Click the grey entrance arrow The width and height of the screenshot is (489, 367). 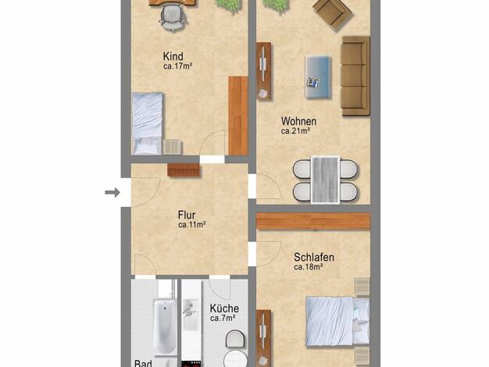(x=112, y=192)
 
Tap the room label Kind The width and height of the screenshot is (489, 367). (x=173, y=56)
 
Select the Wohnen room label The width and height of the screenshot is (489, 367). (x=298, y=121)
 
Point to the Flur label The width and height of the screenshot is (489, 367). (x=187, y=215)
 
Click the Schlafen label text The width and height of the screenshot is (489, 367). (x=314, y=257)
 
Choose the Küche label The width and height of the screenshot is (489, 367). (x=224, y=308)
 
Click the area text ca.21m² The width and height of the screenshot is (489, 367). (x=295, y=131)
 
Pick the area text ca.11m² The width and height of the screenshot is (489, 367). (x=192, y=225)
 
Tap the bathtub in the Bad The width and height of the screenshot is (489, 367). (x=165, y=326)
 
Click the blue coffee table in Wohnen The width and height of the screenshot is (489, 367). (x=318, y=77)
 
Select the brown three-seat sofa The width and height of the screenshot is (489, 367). (x=355, y=77)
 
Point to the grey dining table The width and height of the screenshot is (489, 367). (x=325, y=180)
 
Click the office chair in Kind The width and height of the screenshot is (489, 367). (x=173, y=19)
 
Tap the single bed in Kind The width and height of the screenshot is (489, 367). (x=147, y=123)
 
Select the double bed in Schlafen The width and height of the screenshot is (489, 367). (x=337, y=322)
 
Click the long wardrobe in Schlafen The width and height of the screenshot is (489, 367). (x=313, y=222)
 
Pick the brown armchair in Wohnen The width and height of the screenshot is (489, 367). (x=333, y=14)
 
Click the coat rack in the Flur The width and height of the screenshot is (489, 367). (x=184, y=170)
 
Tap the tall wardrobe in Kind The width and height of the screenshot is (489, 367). (x=238, y=116)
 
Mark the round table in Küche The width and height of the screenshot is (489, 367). (x=235, y=358)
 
